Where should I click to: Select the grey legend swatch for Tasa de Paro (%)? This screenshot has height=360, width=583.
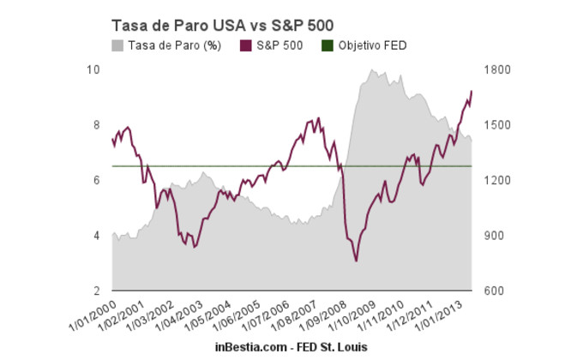[x=117, y=45]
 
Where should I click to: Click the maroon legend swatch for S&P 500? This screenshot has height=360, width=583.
[x=246, y=45]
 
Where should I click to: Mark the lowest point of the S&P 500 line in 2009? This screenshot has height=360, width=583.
[x=357, y=261]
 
